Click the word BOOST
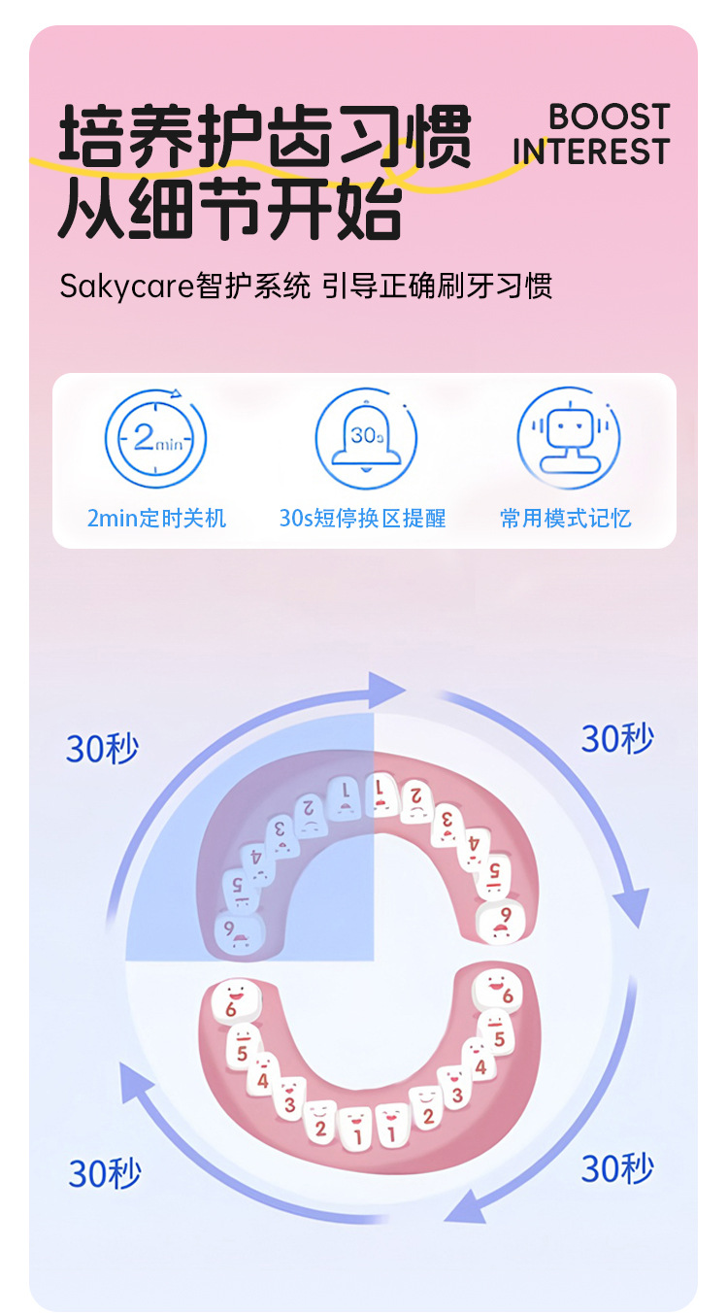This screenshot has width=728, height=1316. coord(610,118)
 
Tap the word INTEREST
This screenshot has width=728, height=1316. coord(591,152)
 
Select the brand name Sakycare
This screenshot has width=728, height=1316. coord(127,287)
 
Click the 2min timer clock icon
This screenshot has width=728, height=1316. coord(155,438)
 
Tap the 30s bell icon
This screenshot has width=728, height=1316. coord(366,438)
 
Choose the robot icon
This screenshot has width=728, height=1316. coord(568,438)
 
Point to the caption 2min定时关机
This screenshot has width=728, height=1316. coord(156,519)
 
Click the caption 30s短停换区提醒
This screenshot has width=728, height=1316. coord(362,519)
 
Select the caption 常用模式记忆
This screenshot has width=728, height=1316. coord(566,519)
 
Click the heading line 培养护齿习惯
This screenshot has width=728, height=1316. coord(264,137)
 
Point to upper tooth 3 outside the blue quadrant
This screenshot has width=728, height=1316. coord(447,822)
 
